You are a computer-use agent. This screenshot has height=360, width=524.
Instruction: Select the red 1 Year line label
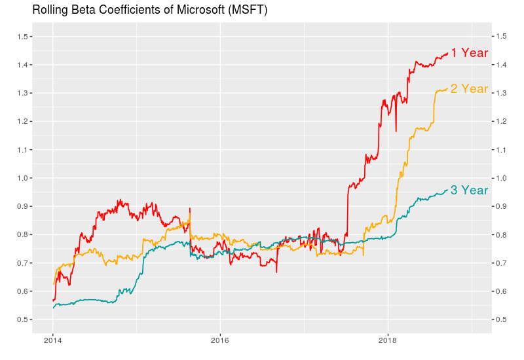click(469, 53)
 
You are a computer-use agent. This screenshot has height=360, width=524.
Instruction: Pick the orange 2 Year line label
click(469, 88)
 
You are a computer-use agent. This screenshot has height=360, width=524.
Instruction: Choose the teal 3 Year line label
click(469, 190)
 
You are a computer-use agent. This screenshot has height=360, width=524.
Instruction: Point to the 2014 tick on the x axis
click(53, 341)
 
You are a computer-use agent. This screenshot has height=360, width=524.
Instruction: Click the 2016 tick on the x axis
click(220, 341)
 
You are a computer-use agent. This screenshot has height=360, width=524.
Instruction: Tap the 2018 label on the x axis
click(388, 341)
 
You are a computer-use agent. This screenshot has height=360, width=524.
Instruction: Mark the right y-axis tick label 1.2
click(501, 122)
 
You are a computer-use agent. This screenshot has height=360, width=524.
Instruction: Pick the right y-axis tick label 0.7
click(501, 263)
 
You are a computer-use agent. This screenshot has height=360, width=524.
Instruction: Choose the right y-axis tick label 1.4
click(501, 65)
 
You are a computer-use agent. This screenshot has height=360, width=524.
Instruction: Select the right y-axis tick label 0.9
click(501, 206)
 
